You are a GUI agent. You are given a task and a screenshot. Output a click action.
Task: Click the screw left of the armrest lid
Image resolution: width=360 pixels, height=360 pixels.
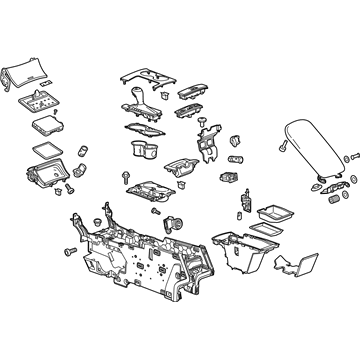click(282, 147)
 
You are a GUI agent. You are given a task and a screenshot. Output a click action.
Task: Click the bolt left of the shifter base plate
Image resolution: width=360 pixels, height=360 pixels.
click(126, 175)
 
